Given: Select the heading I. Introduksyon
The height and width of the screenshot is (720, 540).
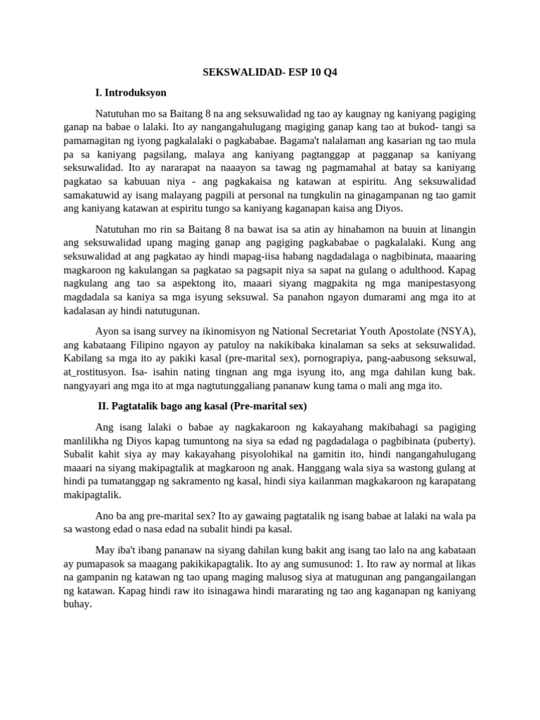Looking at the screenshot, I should (x=131, y=92).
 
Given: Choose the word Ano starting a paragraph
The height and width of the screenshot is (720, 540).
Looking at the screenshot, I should (x=104, y=515).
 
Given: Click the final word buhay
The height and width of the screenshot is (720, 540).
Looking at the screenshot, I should (x=77, y=604).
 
